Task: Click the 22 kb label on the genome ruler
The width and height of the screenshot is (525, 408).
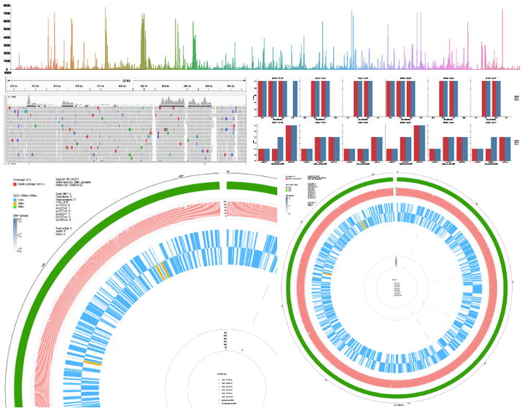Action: click(126, 80)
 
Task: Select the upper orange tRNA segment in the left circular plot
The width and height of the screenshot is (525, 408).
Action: click(161, 271)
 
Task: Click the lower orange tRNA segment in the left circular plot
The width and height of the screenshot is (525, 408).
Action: click(93, 362)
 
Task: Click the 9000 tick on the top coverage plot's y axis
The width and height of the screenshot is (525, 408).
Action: click(7, 5)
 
